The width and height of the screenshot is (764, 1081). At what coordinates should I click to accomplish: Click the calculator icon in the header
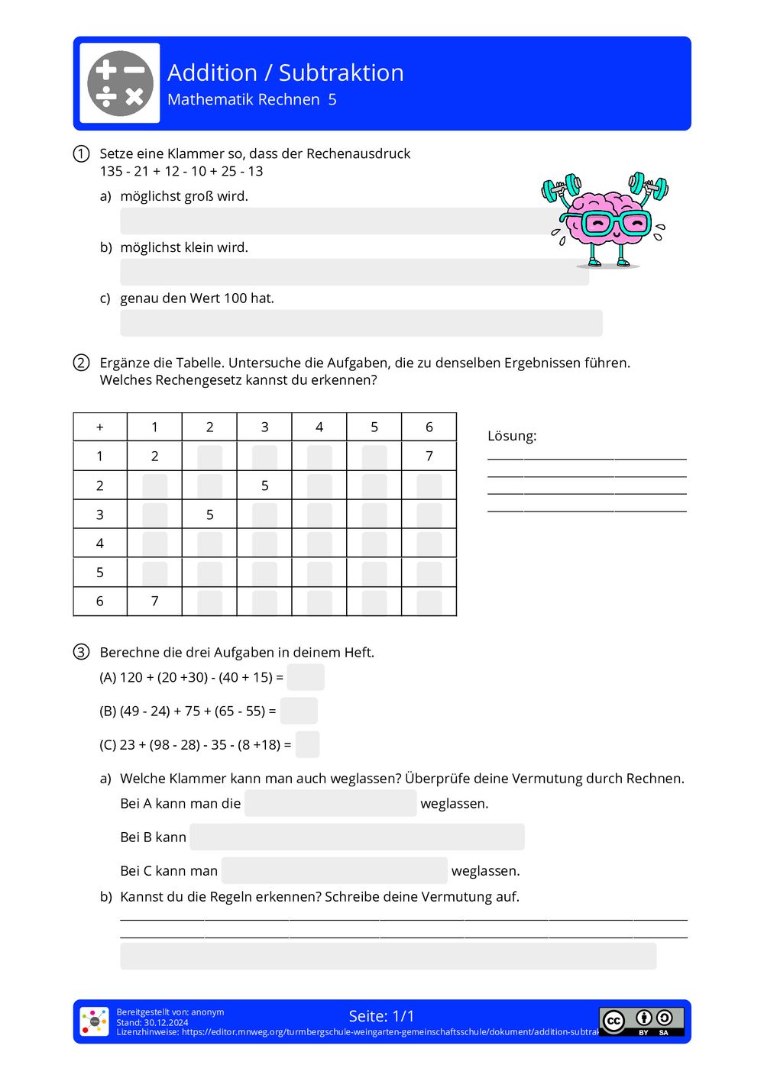120,83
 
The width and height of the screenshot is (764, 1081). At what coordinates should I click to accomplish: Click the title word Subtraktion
341,73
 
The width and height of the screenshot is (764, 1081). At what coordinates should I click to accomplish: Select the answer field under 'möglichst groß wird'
336,221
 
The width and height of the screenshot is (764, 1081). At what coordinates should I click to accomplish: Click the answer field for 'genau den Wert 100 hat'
361,323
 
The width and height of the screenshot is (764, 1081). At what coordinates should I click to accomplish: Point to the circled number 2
81,363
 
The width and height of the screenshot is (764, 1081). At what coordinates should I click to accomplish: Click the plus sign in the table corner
100,428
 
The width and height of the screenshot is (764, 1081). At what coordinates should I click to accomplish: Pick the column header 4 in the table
319,428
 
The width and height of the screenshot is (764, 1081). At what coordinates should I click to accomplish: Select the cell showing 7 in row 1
429,457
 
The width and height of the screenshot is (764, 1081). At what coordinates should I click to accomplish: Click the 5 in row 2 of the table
264,486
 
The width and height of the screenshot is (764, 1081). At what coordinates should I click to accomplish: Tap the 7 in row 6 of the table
154,602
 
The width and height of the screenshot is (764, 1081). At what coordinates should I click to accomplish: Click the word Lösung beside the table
512,436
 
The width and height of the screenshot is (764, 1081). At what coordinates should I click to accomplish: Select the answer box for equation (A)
306,677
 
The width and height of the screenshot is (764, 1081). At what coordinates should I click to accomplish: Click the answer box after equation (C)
307,744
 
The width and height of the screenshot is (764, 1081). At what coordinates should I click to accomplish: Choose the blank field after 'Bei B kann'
357,837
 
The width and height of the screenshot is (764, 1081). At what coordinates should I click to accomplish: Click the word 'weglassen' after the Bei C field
485,871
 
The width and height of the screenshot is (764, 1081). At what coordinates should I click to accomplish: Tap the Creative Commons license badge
641,1021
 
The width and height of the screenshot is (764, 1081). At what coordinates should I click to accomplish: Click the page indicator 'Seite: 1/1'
381,1016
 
